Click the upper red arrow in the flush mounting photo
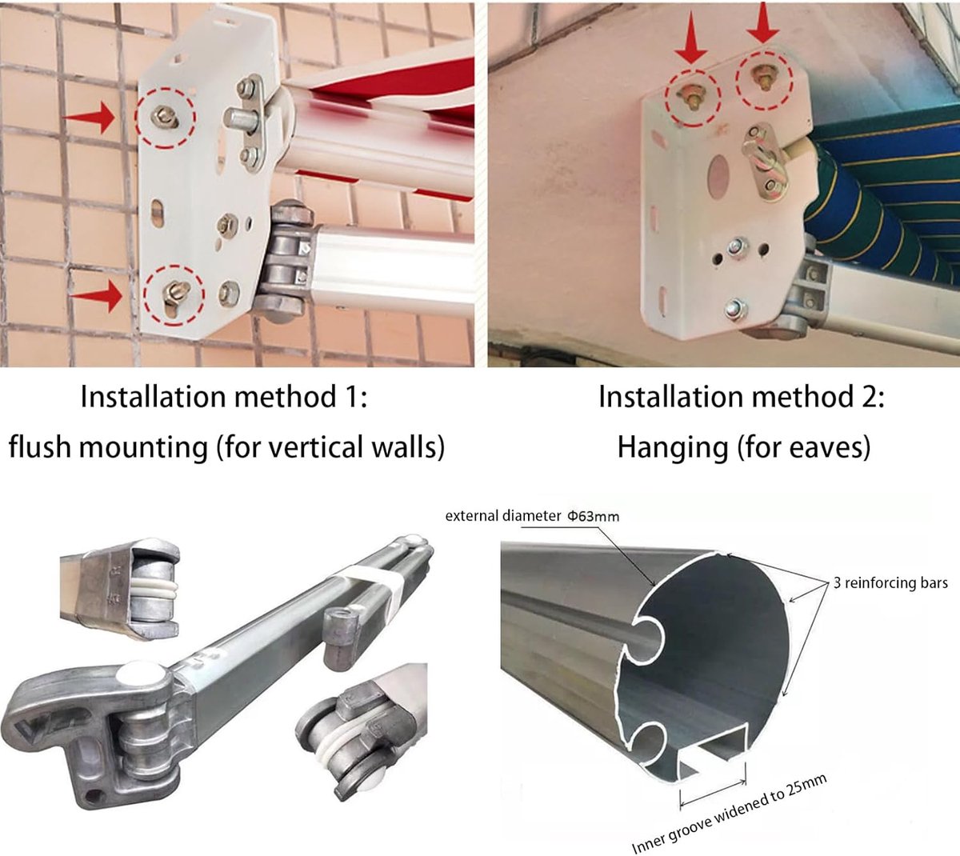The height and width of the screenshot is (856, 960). point(89,117)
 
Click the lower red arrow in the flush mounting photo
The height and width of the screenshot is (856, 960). point(96,296)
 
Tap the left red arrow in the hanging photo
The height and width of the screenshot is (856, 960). point(691,38)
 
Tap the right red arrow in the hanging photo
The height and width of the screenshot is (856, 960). point(763,22)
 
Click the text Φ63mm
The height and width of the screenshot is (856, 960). point(594,516)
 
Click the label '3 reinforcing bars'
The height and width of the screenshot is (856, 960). point(890,582)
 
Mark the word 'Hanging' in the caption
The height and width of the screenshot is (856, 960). point(672,448)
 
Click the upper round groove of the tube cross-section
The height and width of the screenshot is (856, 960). point(648,636)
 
